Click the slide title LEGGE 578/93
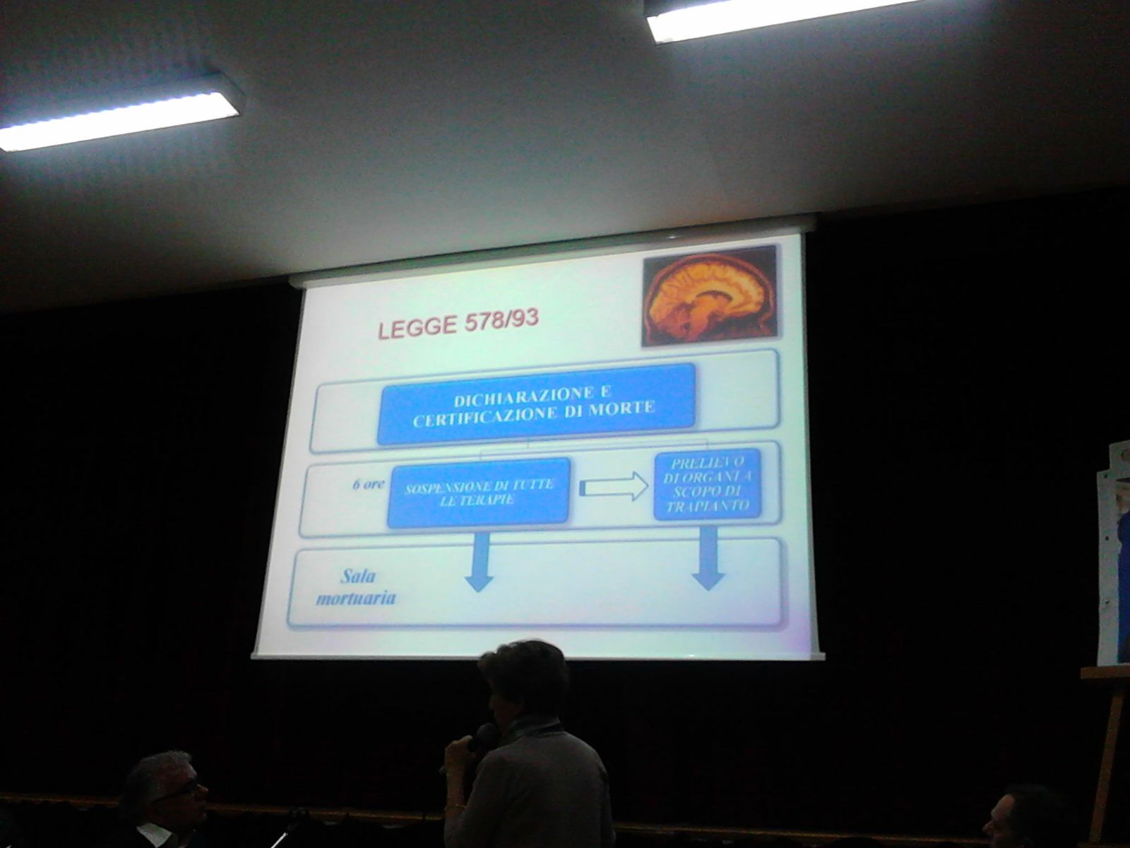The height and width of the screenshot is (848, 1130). click(x=458, y=324)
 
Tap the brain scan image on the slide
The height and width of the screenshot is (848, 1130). click(x=710, y=296)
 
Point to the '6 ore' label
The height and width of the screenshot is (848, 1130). click(x=368, y=485)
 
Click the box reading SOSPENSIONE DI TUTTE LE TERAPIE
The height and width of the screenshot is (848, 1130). click(x=479, y=493)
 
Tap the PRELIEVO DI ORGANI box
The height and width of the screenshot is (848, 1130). click(x=708, y=485)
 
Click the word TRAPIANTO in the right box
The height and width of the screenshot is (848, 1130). click(x=708, y=506)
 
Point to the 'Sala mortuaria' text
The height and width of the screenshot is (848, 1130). click(x=356, y=587)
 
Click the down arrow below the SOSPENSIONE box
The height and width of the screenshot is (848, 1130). click(x=480, y=563)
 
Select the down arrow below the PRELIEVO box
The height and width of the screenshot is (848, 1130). click(x=708, y=559)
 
